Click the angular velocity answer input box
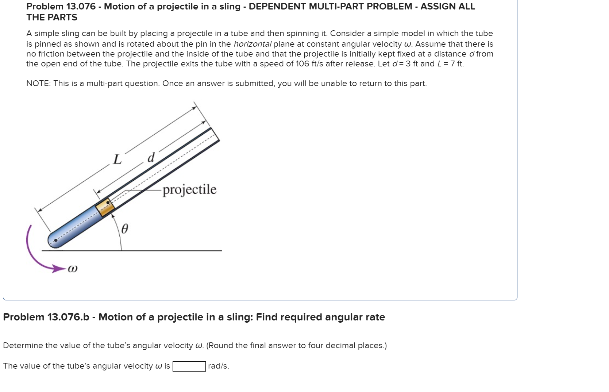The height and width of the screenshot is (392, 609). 189,366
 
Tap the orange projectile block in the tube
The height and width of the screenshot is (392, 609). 105,207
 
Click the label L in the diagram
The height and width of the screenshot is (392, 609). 117,160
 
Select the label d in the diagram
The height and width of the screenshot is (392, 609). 151,158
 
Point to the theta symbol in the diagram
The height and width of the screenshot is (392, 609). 124,229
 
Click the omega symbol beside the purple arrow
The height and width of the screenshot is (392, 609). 73,269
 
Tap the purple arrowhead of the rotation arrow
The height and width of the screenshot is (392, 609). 58,269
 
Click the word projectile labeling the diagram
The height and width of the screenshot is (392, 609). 189,189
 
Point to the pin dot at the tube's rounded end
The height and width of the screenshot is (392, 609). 55,241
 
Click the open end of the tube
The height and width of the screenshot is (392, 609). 215,134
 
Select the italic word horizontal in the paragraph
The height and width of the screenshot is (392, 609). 253,44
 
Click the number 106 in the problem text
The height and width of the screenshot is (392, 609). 302,64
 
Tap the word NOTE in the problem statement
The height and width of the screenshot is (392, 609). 38,84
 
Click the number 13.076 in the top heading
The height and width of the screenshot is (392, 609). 81,7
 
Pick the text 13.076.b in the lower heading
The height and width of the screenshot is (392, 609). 68,317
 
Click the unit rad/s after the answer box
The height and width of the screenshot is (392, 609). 218,366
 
